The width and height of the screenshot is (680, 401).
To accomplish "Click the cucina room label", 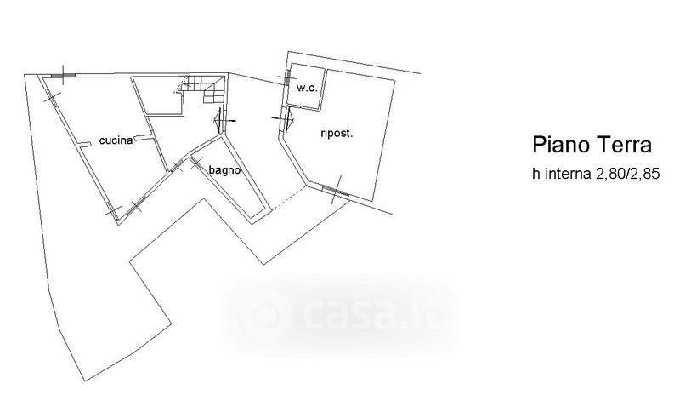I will (115, 140).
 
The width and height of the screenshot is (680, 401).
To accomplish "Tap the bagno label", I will (225, 169).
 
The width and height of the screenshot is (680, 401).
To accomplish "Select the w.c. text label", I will (306, 88).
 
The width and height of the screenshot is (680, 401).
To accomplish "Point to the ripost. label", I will (337, 133).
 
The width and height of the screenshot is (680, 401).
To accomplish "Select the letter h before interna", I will (536, 175).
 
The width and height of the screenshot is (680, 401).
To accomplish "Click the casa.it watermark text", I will (361, 315).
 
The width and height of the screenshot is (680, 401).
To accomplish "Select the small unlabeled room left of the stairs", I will (161, 95).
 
